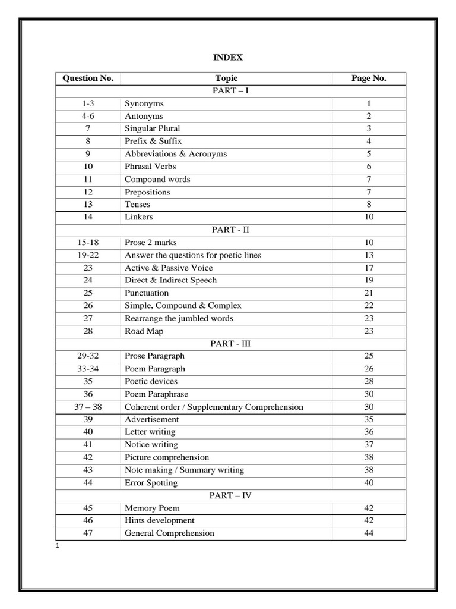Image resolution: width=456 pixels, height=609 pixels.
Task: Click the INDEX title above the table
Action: tap(228, 58)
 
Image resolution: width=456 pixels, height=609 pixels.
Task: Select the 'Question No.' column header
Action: tap(88, 79)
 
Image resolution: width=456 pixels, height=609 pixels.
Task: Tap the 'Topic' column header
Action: tap(226, 79)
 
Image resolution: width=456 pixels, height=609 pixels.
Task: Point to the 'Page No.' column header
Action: tap(369, 79)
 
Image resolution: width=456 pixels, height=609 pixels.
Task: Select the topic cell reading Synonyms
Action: tap(144, 103)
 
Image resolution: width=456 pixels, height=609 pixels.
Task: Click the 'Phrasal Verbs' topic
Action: tap(150, 167)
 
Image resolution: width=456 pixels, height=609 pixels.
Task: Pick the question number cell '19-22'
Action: tap(88, 255)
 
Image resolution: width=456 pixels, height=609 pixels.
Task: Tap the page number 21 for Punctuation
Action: tap(369, 293)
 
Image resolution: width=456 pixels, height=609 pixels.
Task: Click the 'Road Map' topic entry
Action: tap(144, 331)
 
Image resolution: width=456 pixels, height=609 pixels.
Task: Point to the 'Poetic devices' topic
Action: tap(151, 381)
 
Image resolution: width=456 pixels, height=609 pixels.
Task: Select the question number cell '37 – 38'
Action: tap(88, 407)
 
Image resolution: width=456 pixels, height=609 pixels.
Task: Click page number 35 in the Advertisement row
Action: tap(369, 420)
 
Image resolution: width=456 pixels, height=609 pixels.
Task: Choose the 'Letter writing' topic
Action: tap(150, 432)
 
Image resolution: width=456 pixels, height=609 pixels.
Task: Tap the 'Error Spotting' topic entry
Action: tap(151, 483)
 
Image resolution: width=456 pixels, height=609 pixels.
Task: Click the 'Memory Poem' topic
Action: tap(152, 508)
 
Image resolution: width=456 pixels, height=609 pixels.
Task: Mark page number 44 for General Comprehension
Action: tap(369, 533)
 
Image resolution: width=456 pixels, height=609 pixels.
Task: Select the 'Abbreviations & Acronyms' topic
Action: tap(176, 154)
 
